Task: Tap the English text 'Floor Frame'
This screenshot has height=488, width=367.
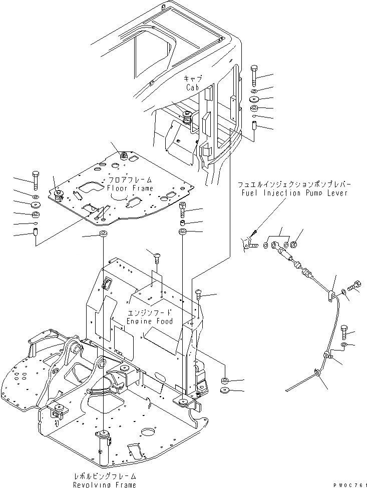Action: coord(130,188)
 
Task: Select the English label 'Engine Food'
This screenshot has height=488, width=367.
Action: coord(150,320)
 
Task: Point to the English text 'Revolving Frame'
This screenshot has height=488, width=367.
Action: coord(104,484)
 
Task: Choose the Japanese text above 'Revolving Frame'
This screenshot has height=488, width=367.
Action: coord(104,476)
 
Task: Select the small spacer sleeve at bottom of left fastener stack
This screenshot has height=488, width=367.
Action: coord(35,232)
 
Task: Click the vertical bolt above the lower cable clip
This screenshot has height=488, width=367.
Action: coord(344,331)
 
